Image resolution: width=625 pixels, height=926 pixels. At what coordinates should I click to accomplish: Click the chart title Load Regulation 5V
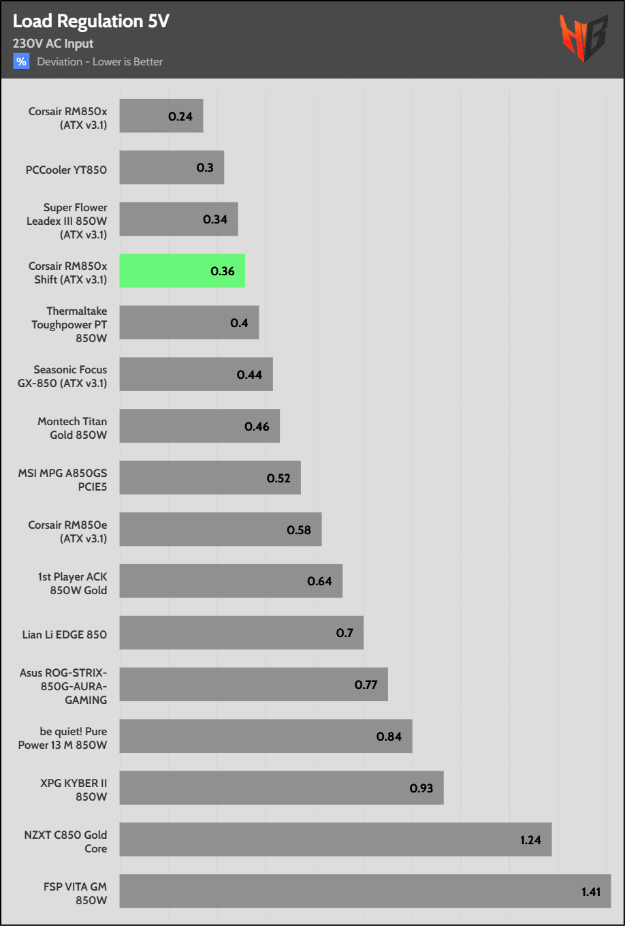[x=91, y=22]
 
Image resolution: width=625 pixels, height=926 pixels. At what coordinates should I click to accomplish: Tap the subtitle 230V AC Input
[x=53, y=44]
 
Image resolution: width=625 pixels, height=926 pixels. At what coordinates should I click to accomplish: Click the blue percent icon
[x=21, y=61]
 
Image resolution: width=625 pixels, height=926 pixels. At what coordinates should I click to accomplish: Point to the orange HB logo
[x=583, y=38]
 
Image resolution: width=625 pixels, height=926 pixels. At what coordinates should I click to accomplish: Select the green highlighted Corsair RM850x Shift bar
[x=182, y=271]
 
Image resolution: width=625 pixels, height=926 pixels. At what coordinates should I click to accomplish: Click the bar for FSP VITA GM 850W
[x=365, y=891]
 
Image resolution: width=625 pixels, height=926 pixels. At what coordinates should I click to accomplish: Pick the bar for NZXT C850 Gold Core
[x=335, y=839]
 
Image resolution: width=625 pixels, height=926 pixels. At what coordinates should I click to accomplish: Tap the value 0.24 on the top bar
[x=180, y=117]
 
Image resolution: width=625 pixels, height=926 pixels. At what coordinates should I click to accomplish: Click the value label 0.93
[x=421, y=788]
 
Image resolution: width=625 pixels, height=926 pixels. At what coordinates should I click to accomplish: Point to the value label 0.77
[x=366, y=685]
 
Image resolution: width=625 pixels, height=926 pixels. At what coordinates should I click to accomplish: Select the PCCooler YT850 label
[x=66, y=170]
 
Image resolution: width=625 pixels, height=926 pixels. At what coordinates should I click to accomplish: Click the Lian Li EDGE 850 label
[x=65, y=634]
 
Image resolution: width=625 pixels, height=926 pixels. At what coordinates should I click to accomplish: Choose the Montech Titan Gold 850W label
[x=72, y=428]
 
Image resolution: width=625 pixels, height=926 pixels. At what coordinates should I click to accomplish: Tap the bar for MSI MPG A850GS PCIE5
[x=210, y=478]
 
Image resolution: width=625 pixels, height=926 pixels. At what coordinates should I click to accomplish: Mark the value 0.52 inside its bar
[x=278, y=478]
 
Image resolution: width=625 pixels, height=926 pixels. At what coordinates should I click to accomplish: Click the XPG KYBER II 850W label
[x=74, y=790]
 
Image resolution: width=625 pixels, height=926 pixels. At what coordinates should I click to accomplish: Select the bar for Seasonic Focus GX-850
[x=196, y=374]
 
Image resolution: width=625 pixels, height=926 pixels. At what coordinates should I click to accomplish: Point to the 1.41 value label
[x=591, y=892]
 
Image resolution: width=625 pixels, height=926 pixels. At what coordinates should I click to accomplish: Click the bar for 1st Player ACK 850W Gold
[x=231, y=581]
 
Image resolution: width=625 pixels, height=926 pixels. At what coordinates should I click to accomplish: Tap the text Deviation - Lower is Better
[x=100, y=62]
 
